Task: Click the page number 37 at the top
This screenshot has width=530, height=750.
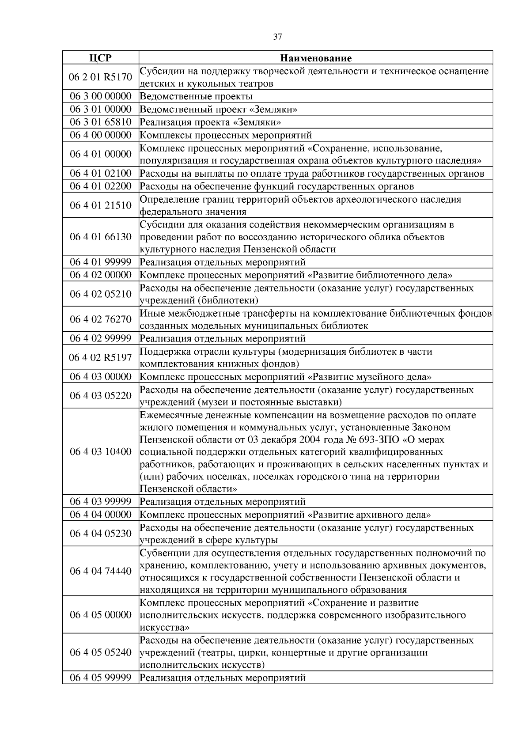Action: [277, 37]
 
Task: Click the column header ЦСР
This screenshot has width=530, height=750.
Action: [100, 58]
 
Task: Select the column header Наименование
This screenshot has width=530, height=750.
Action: [316, 58]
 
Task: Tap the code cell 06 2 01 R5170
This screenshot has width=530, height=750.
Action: [100, 77]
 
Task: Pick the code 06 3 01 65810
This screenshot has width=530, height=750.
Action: [100, 122]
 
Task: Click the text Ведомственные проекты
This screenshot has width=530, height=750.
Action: [196, 96]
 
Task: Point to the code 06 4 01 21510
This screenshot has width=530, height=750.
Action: [100, 205]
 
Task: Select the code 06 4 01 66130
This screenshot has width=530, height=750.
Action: [100, 237]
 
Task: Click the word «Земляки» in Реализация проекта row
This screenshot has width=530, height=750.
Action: [260, 122]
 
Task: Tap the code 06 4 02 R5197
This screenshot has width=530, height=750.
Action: [100, 357]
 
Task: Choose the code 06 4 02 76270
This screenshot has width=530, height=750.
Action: [100, 319]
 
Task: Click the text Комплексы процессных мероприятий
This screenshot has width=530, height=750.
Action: [226, 135]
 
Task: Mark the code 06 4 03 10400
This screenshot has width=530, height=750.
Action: [100, 451]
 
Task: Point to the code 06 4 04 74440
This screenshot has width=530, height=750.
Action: [100, 571]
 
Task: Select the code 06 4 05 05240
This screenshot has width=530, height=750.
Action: [100, 652]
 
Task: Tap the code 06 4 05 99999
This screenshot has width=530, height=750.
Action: [100, 678]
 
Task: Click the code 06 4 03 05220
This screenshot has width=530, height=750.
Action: [100, 395]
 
